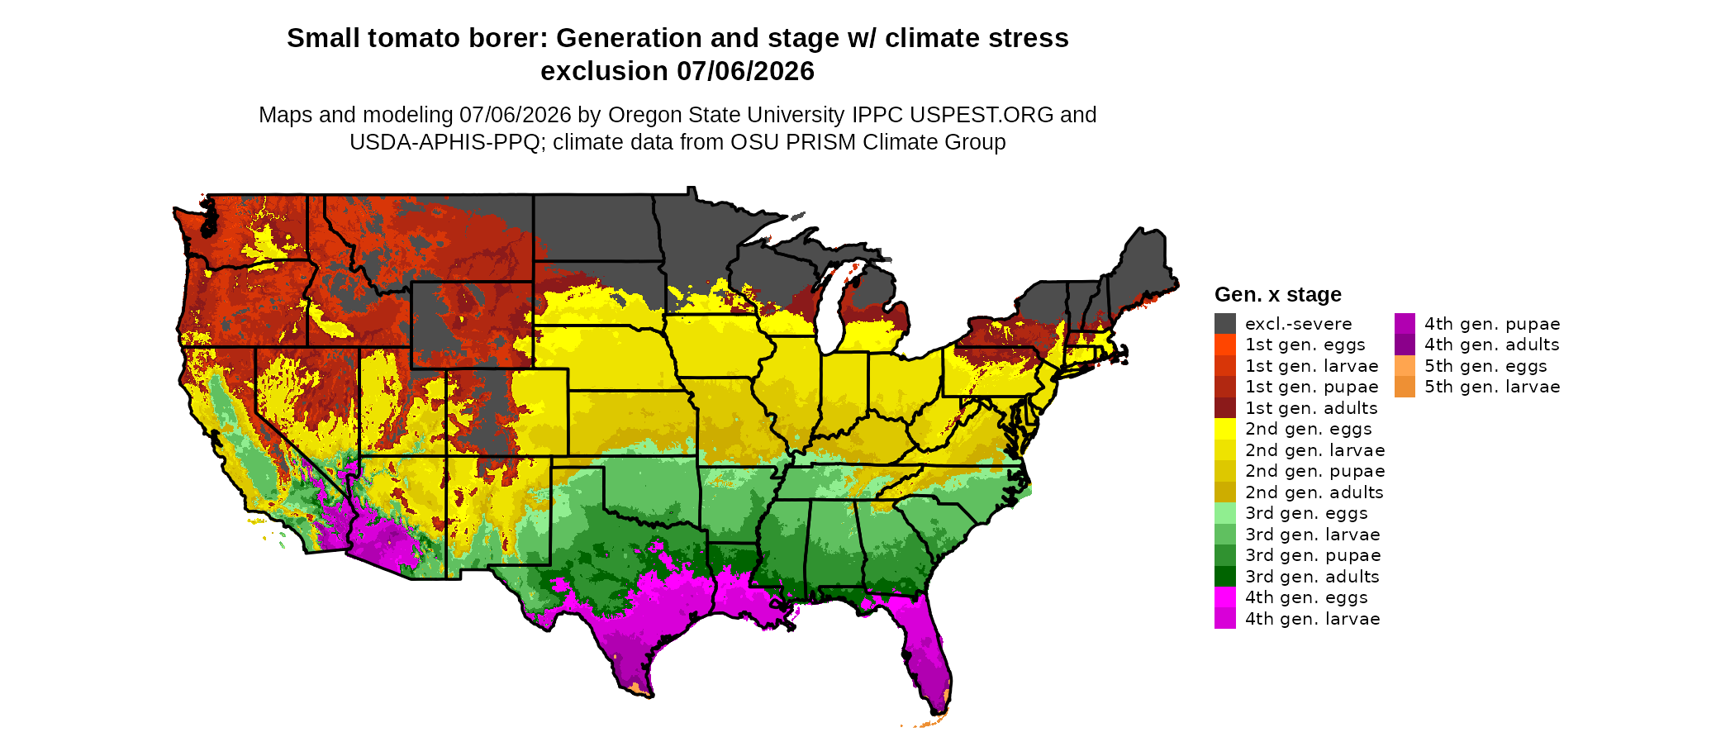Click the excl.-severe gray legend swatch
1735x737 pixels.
point(1225,323)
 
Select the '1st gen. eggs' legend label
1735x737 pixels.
point(1305,345)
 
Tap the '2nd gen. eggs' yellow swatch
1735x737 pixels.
point(1225,429)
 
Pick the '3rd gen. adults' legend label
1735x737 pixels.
point(1313,577)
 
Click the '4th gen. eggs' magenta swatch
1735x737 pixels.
point(1225,597)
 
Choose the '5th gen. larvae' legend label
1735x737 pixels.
point(1492,387)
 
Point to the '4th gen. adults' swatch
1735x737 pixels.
point(1405,345)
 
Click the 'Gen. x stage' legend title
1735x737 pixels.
point(1278,294)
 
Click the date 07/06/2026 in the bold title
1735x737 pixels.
point(746,71)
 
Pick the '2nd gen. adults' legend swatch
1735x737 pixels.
point(1225,492)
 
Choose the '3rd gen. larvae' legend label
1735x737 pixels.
point(1313,535)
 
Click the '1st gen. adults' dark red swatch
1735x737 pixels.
point(1225,407)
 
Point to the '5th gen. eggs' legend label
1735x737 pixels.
point(1485,366)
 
